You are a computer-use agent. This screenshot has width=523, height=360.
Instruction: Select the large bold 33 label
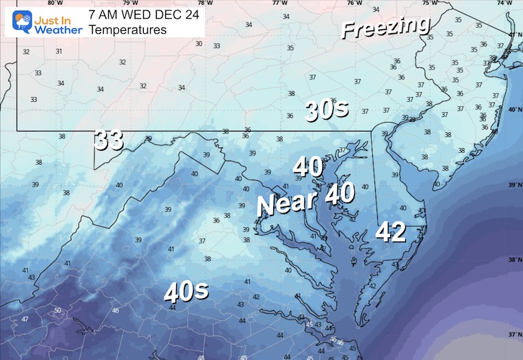[109, 140]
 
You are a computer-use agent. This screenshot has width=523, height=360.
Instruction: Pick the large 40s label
[186, 292]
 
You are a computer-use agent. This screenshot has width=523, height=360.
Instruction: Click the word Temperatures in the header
[129, 30]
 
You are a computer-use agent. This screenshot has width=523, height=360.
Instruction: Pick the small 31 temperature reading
[59, 51]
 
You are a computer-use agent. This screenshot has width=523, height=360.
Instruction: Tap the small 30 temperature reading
[199, 43]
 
